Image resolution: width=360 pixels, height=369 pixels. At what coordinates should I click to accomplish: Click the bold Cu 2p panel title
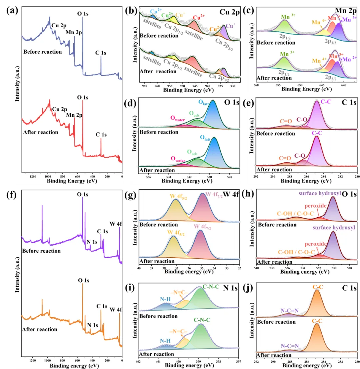coord(229,12)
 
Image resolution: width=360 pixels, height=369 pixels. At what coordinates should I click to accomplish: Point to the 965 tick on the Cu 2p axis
coord(144,86)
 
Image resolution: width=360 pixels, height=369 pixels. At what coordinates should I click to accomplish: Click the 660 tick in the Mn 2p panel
coord(256,85)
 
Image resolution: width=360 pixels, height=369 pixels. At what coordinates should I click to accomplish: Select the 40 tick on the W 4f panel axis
coord(139,268)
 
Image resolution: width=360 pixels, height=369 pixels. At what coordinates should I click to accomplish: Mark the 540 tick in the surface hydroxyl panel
coord(257,268)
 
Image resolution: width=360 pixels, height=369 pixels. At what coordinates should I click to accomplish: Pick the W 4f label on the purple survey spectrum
coord(116,224)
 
